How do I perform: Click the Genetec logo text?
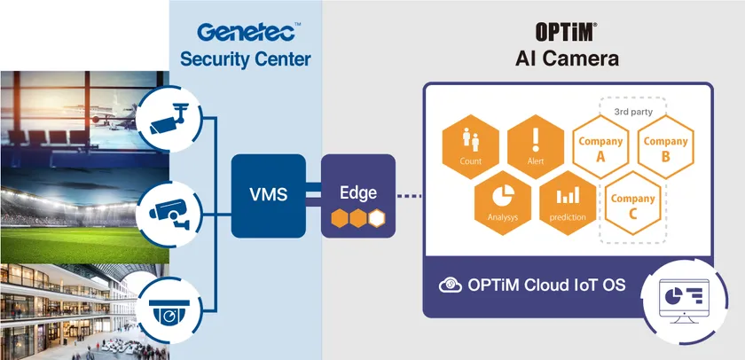(x=246, y=33)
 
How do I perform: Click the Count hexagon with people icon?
(x=471, y=143)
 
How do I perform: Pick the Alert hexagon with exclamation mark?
(x=536, y=143)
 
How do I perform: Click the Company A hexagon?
(x=600, y=147)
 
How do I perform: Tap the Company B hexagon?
(x=665, y=147)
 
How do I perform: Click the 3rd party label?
(x=632, y=112)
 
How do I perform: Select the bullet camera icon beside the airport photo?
(x=168, y=114)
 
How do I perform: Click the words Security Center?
(x=246, y=60)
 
